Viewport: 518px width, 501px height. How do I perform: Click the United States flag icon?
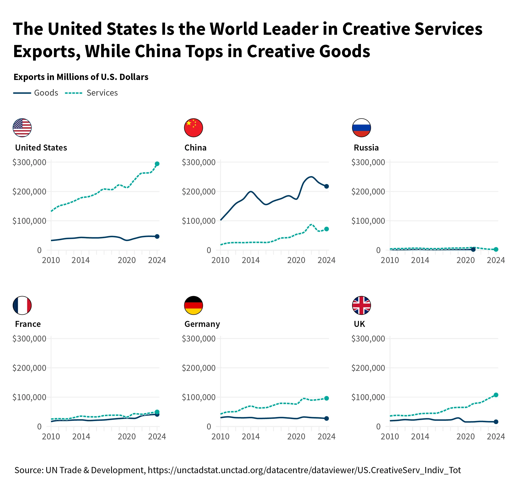pyautogui.click(x=22, y=128)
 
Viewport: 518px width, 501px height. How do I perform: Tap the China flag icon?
pyautogui.click(x=193, y=128)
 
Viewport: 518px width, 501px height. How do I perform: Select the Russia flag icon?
pyautogui.click(x=362, y=128)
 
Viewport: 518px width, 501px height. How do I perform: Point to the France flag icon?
pyautogui.click(x=22, y=305)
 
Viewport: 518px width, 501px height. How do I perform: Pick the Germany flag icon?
pyautogui.click(x=193, y=305)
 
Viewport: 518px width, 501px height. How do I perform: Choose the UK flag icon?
pyautogui.click(x=362, y=305)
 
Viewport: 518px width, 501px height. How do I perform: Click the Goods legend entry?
pyautogui.click(x=36, y=93)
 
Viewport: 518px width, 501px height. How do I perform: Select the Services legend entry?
pyautogui.click(x=91, y=93)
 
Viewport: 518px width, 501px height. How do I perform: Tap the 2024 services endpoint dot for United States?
pyautogui.click(x=157, y=164)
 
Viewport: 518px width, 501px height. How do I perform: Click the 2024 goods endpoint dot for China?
pyautogui.click(x=326, y=186)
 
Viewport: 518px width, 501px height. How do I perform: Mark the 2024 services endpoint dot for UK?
pyautogui.click(x=496, y=395)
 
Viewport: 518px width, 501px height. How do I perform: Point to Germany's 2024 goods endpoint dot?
pyautogui.click(x=326, y=418)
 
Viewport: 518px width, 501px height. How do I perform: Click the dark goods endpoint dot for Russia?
pyautogui.click(x=473, y=249)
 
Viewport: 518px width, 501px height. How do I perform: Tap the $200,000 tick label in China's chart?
pyautogui.click(x=199, y=192)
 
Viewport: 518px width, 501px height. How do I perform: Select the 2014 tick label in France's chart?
pyautogui.click(x=81, y=437)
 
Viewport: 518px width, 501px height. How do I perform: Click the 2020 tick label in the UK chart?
pyautogui.click(x=466, y=437)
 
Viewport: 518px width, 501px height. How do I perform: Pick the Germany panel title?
pyautogui.click(x=202, y=324)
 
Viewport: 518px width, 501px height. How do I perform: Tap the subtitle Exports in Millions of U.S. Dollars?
pyautogui.click(x=81, y=77)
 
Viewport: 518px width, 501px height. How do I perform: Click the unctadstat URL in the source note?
pyautogui.click(x=304, y=470)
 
